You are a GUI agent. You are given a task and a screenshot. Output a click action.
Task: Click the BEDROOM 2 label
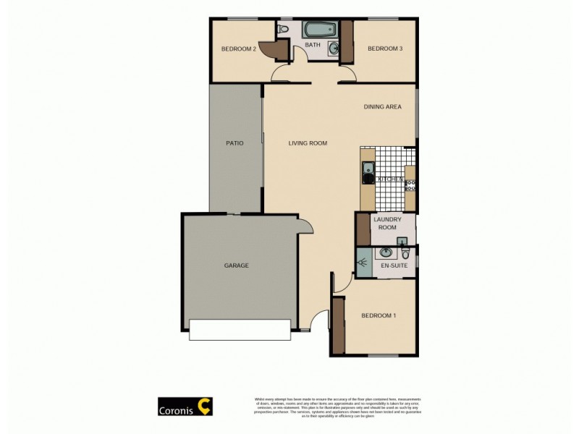[239, 49]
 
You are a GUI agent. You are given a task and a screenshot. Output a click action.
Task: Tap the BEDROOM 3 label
[384, 49]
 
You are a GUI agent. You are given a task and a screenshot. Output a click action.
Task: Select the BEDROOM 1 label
[379, 315]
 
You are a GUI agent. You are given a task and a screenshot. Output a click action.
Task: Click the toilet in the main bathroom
[284, 30]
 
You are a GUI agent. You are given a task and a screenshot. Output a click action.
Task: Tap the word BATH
[313, 46]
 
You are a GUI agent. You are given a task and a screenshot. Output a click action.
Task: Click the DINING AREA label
[382, 107]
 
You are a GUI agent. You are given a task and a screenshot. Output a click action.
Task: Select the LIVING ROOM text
[308, 143]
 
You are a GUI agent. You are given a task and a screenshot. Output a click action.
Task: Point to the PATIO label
[234, 143]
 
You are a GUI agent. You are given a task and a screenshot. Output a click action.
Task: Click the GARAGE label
[236, 265]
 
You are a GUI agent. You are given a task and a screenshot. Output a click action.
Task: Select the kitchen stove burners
[410, 184]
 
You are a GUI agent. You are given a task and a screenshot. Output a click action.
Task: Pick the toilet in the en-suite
[406, 252]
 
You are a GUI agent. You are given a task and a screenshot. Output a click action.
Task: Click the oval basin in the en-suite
[385, 252]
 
